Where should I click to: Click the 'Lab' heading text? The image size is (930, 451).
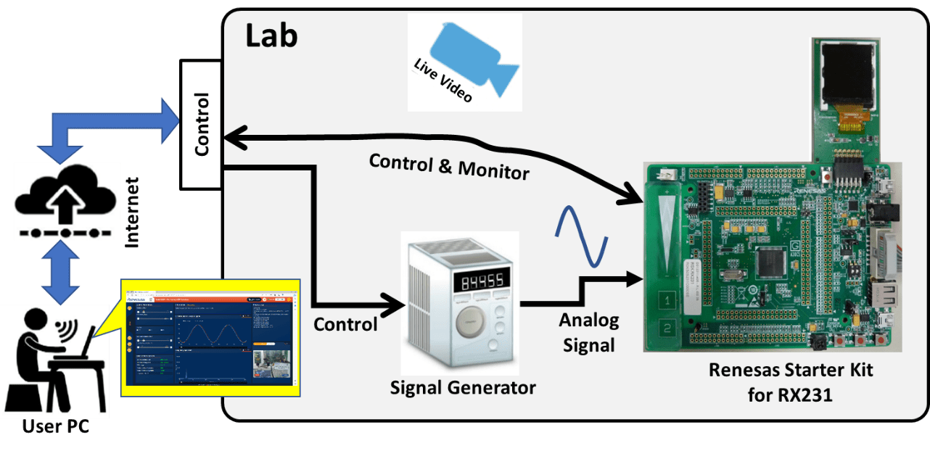[x=271, y=36]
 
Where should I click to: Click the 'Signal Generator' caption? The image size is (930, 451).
[x=463, y=388]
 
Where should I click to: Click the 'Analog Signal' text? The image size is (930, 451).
[x=588, y=333]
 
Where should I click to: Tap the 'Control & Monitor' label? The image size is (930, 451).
[x=449, y=165]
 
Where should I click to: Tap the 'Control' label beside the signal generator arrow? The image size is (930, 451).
[x=345, y=324]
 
